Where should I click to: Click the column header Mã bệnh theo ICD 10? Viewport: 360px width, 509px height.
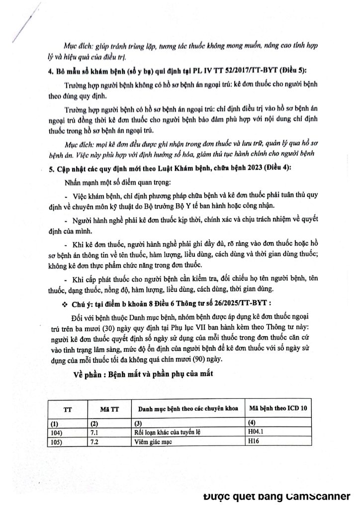pos(278,408)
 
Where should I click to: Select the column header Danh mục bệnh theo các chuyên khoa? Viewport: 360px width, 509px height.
pos(183,409)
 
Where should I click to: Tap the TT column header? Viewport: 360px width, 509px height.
pos(67,409)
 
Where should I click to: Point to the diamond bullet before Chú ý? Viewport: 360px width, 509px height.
pos(64,303)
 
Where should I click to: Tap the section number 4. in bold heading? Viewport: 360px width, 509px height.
pos(51,73)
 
